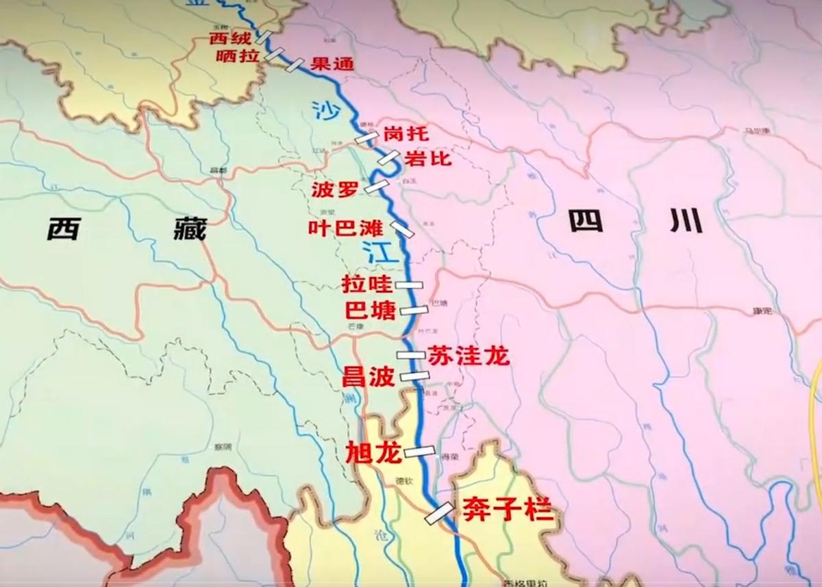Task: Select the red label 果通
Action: coord(332,64)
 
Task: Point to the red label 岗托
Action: coord(406,133)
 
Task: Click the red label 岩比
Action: coord(428,158)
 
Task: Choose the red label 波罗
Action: coord(334,190)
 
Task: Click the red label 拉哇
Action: coord(366,284)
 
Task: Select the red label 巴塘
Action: coord(371,311)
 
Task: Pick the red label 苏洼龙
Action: coord(469,356)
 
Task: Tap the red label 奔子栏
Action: coord(508,510)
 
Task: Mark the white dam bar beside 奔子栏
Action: coord(438,513)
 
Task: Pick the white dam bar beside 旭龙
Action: coord(419,451)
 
